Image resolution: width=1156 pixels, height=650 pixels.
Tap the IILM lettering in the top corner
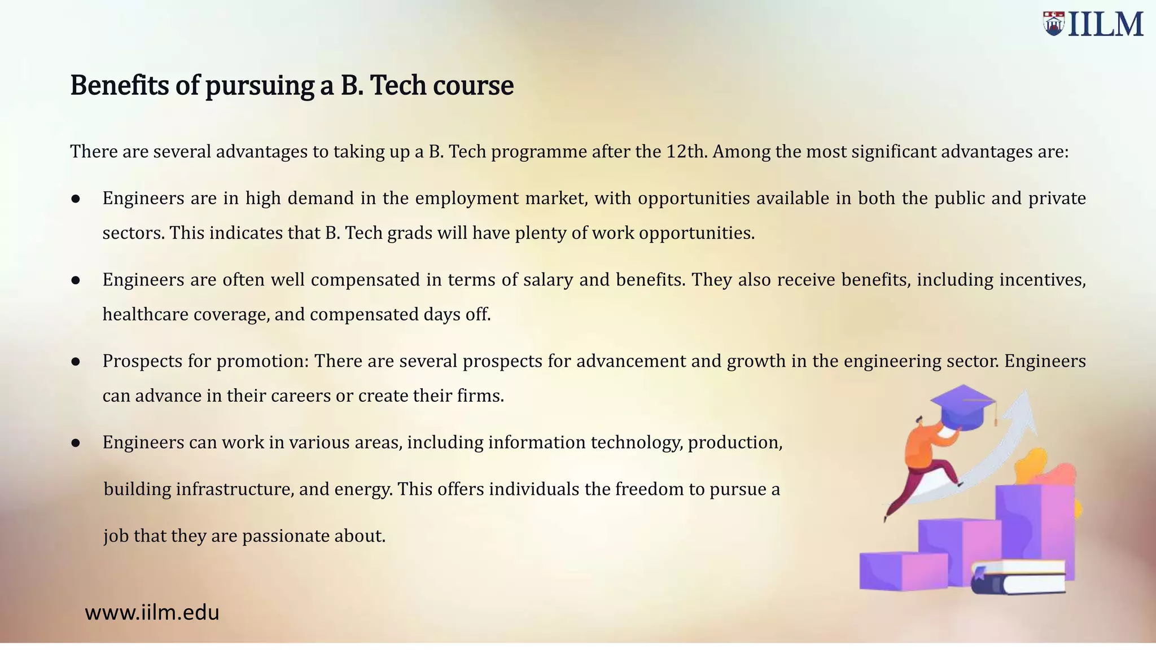pyautogui.click(x=1106, y=25)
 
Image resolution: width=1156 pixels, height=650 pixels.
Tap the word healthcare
pyautogui.click(x=145, y=314)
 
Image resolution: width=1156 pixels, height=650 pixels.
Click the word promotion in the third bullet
pyautogui.click(x=262, y=361)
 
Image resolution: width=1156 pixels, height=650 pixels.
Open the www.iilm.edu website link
pyautogui.click(x=152, y=613)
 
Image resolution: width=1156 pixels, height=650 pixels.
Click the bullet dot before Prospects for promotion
pyautogui.click(x=76, y=362)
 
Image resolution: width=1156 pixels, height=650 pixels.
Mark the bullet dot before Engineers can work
pyautogui.click(x=76, y=443)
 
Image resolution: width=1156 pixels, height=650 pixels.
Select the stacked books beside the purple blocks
pyautogui.click(x=1018, y=577)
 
